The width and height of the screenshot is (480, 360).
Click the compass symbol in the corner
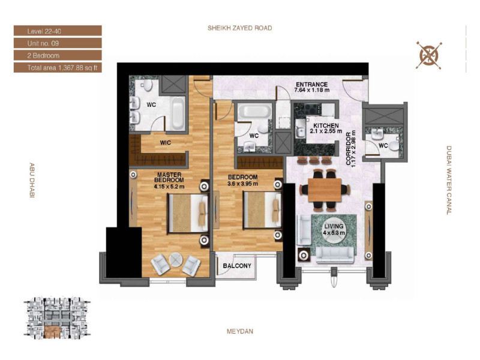[x=429, y=55]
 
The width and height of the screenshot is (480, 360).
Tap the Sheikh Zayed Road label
[x=239, y=28]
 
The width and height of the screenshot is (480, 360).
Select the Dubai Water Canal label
[x=449, y=180]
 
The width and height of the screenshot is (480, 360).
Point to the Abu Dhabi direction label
[x=32, y=181]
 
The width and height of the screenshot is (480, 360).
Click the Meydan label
[x=239, y=331]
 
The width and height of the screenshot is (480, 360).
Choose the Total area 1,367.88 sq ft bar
[x=58, y=68]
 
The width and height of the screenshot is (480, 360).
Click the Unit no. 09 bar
[x=58, y=43]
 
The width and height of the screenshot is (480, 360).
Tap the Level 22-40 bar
[x=58, y=31]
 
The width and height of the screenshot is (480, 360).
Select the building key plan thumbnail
[x=57, y=318]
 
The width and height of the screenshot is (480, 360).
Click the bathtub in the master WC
[x=178, y=113]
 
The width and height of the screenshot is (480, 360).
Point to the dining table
[x=325, y=190]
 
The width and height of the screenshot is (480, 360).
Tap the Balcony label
[x=237, y=266]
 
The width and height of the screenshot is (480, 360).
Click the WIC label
[x=166, y=143]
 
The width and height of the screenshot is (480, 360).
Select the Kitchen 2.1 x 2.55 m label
[x=326, y=128]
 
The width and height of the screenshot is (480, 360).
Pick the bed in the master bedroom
[x=188, y=213]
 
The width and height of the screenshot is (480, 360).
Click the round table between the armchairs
[x=176, y=260]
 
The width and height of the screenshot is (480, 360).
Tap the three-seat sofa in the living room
[x=335, y=255]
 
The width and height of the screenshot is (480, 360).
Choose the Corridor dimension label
[x=350, y=148]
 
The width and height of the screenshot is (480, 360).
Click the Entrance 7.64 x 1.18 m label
[x=311, y=87]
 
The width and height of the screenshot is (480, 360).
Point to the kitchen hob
[x=311, y=109]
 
